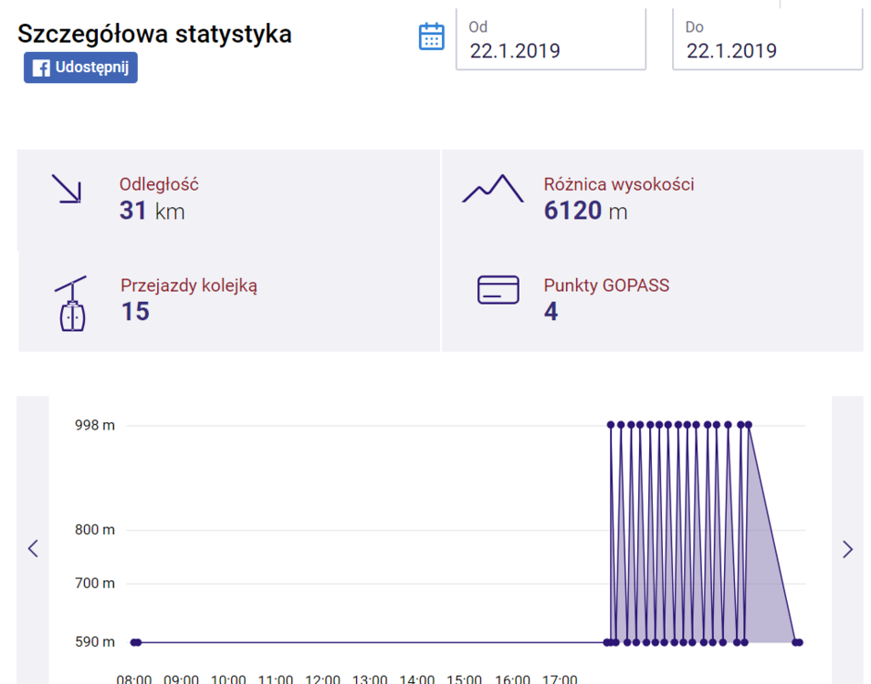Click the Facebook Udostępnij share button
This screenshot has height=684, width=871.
click(x=80, y=67)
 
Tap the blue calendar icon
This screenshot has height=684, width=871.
click(x=431, y=36)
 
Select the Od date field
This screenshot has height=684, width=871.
click(x=551, y=39)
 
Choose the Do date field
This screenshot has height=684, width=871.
click(x=768, y=39)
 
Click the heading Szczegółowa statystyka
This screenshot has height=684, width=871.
click(x=154, y=33)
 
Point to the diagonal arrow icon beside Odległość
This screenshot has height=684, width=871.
click(x=67, y=189)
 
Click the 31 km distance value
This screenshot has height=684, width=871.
click(x=152, y=211)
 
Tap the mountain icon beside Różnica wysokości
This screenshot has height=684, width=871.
click(x=493, y=189)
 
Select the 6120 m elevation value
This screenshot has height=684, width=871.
click(x=585, y=211)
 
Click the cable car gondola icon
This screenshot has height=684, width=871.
click(x=72, y=304)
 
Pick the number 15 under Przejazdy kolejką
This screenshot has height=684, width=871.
click(x=135, y=311)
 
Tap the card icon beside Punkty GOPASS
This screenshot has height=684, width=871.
click(x=498, y=290)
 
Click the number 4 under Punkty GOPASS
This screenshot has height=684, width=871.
click(x=551, y=311)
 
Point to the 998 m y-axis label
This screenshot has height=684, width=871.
click(x=95, y=425)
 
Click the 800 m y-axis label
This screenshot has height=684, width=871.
click(x=95, y=530)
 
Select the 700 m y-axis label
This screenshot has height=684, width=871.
click(x=95, y=583)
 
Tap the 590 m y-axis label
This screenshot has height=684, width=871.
click(x=95, y=642)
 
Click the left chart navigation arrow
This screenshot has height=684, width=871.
click(x=34, y=549)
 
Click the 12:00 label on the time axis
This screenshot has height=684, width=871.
click(x=322, y=679)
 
